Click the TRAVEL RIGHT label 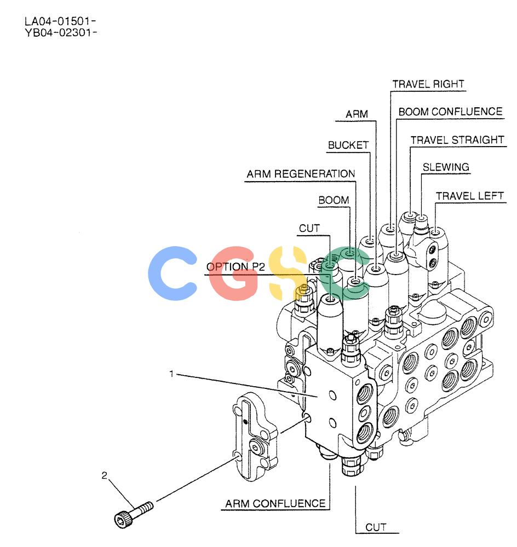(428, 84)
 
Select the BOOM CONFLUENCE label (450, 112)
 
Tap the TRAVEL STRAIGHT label (457, 140)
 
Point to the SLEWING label (446, 167)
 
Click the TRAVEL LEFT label (469, 196)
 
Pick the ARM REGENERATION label (301, 174)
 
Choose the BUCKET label (348, 145)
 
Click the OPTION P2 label (236, 267)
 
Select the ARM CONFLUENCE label (275, 503)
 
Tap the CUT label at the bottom (376, 527)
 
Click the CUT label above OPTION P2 (309, 228)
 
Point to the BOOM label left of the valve (334, 200)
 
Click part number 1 (171, 374)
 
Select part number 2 (104, 475)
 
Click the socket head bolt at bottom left (134, 515)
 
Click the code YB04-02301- (60, 32)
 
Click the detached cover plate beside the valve (255, 436)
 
